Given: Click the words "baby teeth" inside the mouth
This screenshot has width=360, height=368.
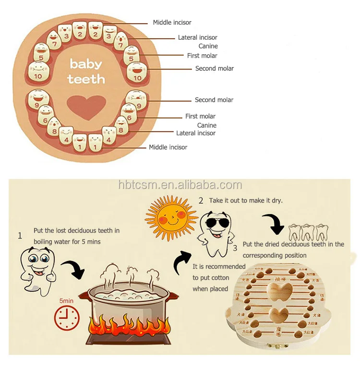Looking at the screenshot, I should [86, 71].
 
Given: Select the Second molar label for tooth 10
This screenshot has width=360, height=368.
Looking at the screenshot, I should [214, 69].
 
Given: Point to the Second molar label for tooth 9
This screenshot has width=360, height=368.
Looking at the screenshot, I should [214, 100].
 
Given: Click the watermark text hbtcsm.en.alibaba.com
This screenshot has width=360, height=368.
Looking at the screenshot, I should [180, 185].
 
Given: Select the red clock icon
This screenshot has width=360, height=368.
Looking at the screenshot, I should [67, 318].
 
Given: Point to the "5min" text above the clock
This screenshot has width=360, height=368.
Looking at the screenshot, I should [66, 300].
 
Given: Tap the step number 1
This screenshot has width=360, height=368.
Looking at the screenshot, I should [20, 236].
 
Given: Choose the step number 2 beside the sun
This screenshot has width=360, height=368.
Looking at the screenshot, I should [201, 201].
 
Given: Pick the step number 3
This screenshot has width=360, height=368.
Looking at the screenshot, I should [235, 248].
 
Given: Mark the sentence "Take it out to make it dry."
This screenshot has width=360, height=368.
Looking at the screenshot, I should [246, 201].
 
